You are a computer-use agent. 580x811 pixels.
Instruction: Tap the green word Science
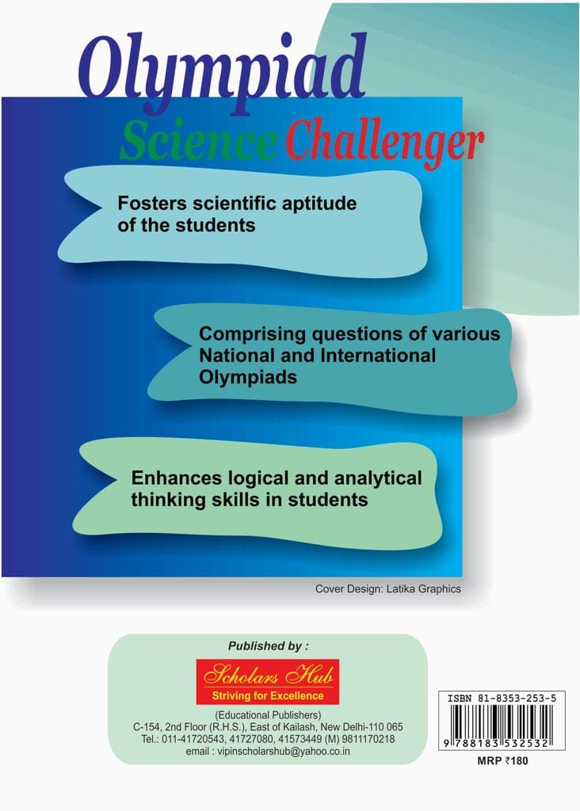point(197,141)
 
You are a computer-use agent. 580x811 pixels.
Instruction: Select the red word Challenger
point(384,143)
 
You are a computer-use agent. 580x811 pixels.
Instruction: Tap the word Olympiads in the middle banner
point(248,378)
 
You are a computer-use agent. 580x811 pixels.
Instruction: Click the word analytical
point(378,478)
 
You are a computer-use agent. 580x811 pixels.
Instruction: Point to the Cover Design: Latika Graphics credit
point(388,588)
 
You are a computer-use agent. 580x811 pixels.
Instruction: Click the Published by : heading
point(268,646)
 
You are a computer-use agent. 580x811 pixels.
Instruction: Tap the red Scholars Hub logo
point(268,681)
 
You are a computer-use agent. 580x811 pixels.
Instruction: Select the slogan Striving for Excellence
point(268,695)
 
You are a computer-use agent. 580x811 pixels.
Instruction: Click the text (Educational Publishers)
point(268,715)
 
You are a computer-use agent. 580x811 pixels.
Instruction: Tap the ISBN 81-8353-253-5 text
point(502,699)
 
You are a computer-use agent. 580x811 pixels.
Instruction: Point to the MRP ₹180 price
point(502,760)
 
